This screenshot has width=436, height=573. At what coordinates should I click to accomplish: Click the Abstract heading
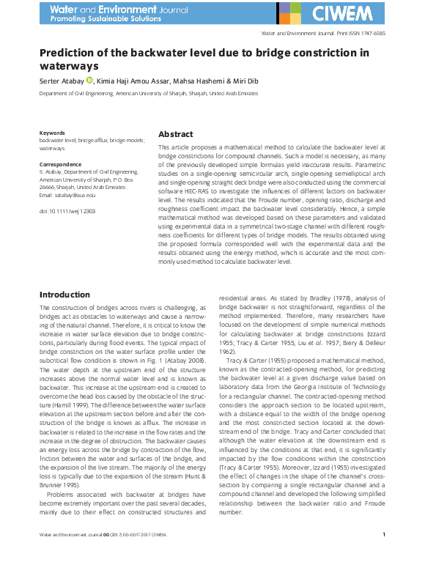click(176, 135)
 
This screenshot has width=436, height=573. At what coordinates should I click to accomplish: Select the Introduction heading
click(64, 295)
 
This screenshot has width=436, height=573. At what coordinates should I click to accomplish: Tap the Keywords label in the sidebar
click(52, 132)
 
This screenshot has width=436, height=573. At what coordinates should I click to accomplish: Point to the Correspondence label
click(59, 165)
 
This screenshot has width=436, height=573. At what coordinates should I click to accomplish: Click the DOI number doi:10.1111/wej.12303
click(67, 211)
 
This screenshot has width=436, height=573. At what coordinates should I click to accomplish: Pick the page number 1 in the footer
click(384, 555)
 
